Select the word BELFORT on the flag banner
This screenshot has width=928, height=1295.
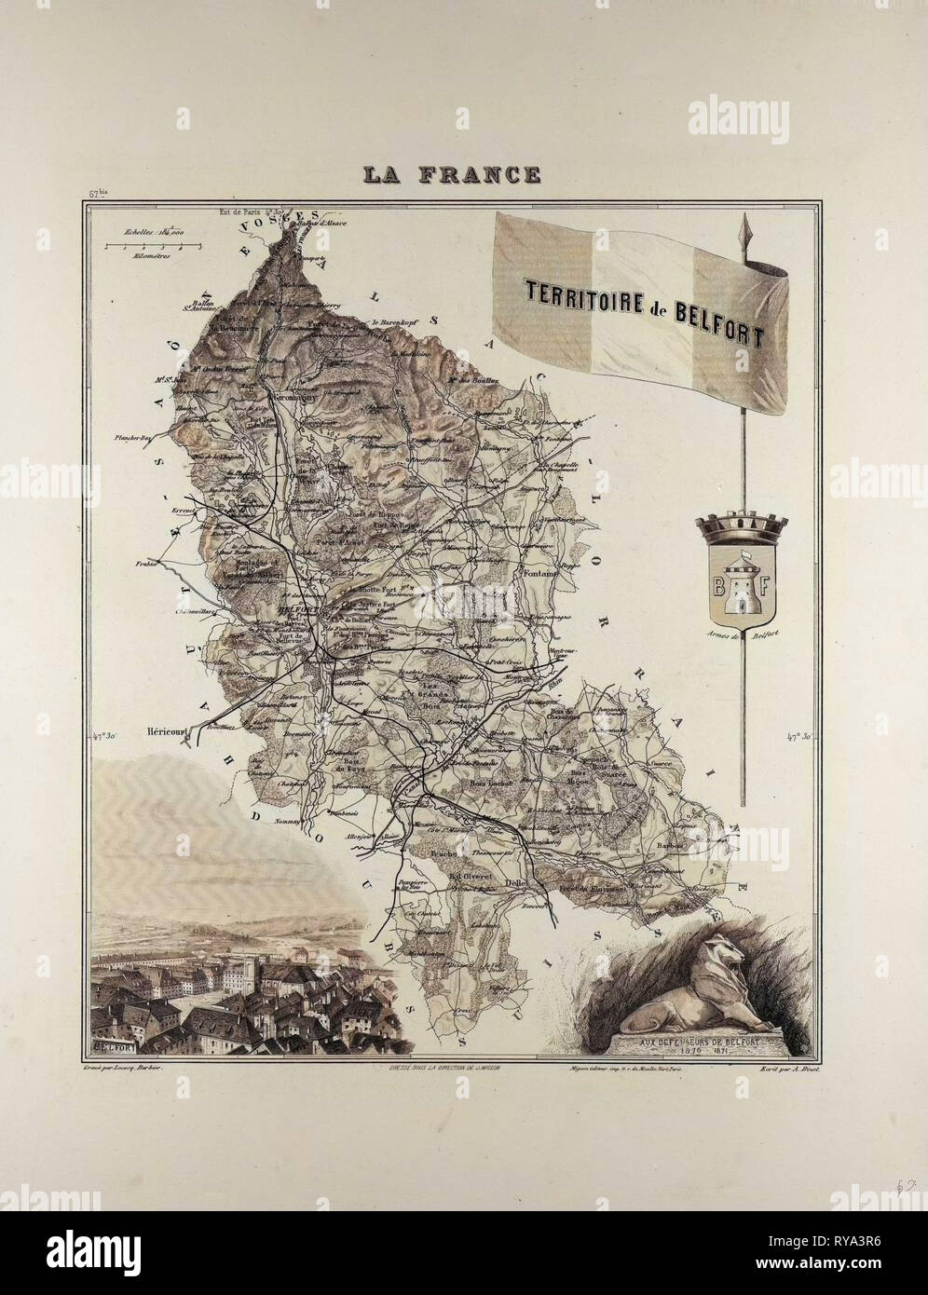(716, 321)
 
